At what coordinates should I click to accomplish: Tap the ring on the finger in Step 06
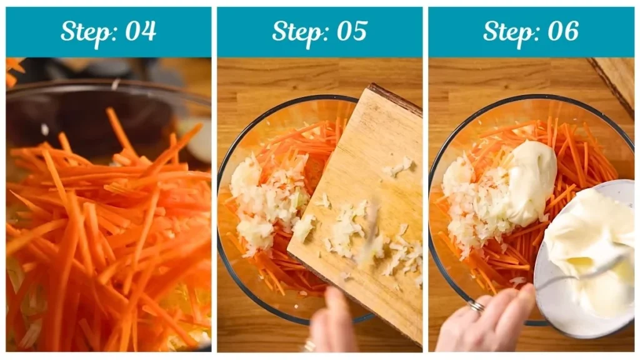[476, 306]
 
